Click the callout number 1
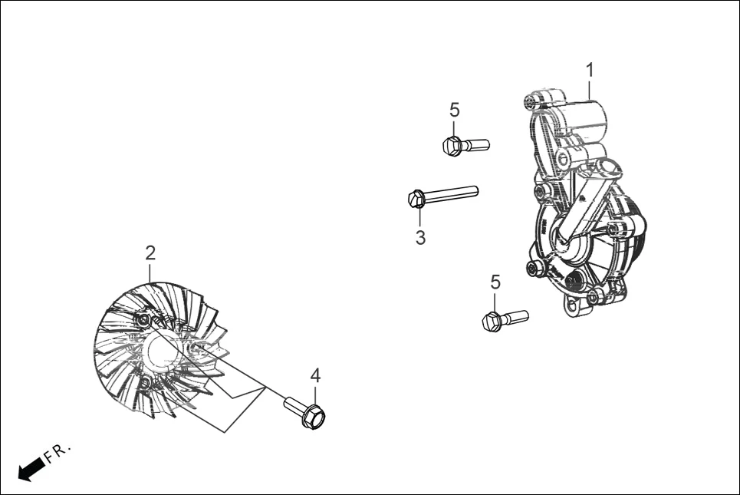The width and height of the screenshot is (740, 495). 590,71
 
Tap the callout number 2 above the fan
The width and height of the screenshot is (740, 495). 150,252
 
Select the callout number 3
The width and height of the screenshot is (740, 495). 420,238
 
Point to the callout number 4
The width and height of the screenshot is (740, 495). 315,375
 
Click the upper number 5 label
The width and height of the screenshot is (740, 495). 454,110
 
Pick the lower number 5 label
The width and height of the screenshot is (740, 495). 495,282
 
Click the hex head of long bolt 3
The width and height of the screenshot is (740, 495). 416,199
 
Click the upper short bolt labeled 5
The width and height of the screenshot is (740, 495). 465,144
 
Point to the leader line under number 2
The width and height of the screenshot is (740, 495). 150,270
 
